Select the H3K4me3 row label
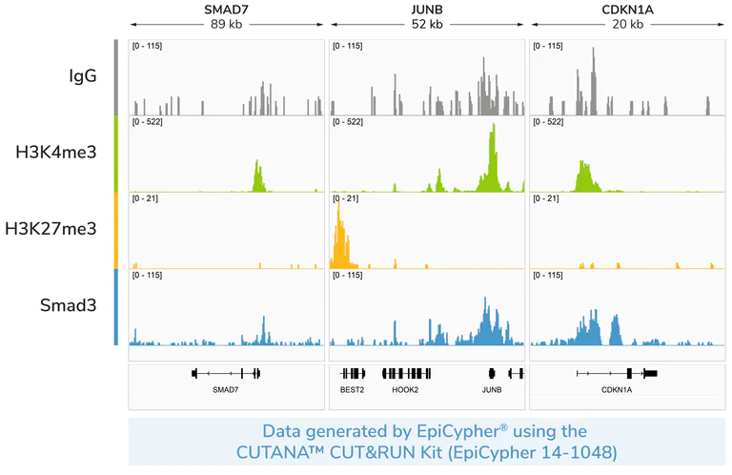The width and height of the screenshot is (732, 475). [56, 153]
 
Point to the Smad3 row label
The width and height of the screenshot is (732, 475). [68, 305]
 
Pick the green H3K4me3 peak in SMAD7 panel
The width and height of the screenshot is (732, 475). [257, 177]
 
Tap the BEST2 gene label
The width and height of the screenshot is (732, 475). [352, 390]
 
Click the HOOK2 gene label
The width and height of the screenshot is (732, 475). [405, 390]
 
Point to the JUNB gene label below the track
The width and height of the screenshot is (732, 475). [491, 390]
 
